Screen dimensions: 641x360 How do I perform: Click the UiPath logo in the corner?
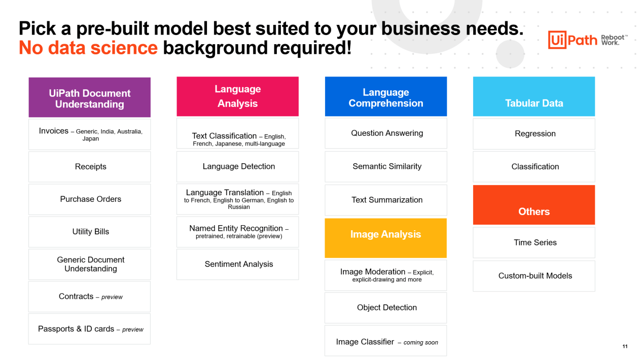coord(588,40)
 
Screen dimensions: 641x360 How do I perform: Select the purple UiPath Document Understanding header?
coord(90,97)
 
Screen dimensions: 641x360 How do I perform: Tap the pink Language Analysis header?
coord(237,96)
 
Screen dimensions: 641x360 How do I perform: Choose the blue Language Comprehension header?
coord(386,96)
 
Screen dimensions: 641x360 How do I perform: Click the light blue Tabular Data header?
coord(534,96)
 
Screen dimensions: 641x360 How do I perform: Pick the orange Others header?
coord(534,205)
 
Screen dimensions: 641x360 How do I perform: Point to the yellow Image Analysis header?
coord(386,238)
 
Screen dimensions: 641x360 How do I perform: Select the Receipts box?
coord(90,166)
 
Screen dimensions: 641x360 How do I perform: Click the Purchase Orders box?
coord(90,199)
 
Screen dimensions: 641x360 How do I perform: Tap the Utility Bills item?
coord(90,232)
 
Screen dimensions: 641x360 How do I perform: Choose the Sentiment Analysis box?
coord(237,264)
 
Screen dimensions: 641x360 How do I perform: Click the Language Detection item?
coord(237,166)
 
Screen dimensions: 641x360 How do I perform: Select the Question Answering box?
coord(386,133)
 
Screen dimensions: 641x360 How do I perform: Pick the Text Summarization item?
coord(386,200)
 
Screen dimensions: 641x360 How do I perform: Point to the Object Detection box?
coord(386,308)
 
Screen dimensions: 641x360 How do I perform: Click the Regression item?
coord(534,134)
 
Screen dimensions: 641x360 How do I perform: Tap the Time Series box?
coord(534,243)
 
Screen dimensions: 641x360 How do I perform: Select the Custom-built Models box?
coord(534,276)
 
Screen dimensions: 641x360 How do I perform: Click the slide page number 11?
coord(625,346)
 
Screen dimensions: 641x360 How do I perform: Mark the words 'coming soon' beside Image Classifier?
coord(421,343)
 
